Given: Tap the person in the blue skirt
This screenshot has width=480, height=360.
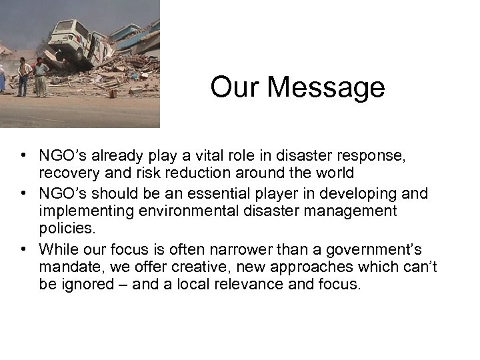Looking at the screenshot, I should tap(2, 79).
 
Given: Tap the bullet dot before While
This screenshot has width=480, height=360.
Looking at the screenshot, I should tap(23, 249).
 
